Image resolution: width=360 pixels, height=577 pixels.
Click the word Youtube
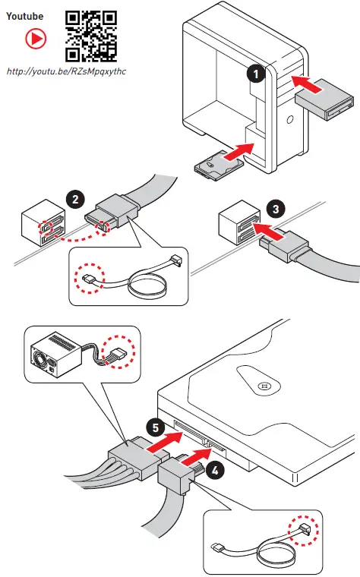(x=24, y=16)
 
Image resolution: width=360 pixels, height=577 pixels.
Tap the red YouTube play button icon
(x=36, y=39)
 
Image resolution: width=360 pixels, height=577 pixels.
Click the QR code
(x=91, y=36)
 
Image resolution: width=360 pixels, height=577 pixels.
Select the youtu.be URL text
(x=66, y=71)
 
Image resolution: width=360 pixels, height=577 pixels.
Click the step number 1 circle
(x=256, y=74)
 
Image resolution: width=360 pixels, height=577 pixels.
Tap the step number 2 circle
(x=75, y=200)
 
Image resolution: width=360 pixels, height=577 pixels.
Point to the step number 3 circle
(x=276, y=210)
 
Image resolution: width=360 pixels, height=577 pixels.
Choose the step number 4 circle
(x=215, y=471)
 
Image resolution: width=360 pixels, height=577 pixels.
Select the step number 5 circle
(x=156, y=427)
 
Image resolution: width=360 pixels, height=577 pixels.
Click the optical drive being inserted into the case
(x=324, y=99)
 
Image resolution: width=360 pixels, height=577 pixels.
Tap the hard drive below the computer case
(x=219, y=166)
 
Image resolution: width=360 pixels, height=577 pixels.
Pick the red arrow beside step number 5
(x=165, y=441)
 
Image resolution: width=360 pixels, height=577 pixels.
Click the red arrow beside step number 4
(x=195, y=457)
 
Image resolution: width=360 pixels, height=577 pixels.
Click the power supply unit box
(x=55, y=355)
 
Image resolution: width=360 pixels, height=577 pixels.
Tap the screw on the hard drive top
(x=264, y=386)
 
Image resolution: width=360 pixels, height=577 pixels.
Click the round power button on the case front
(x=290, y=120)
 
